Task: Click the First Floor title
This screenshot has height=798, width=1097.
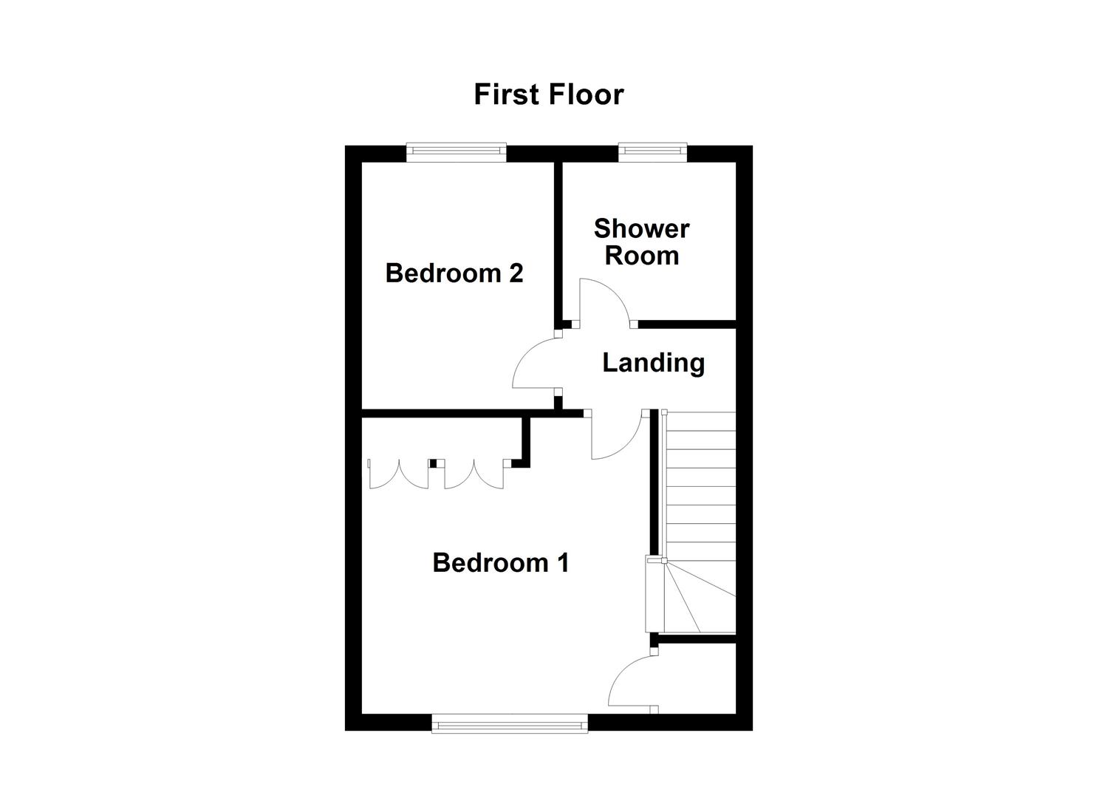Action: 548,95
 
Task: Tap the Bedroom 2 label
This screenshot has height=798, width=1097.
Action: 454,273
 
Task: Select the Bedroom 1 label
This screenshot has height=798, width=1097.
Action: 500,563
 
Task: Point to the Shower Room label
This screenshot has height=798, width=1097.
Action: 641,242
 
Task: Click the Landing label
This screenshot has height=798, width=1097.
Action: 653,363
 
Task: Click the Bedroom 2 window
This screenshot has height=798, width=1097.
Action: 456,152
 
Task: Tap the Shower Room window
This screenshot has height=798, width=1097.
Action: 652,152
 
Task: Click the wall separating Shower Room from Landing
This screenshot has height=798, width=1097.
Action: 686,324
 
